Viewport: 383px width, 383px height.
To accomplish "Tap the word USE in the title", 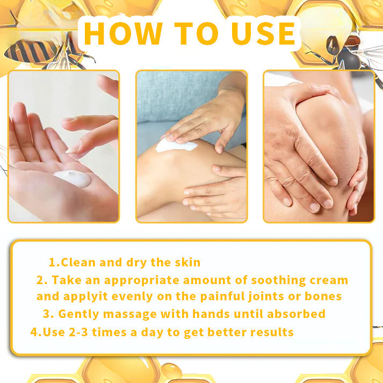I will (263, 33).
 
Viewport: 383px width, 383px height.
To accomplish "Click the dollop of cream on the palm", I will (73, 179).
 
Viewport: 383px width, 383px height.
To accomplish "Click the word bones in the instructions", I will (322, 296).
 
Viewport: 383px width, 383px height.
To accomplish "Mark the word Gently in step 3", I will (77, 314).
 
